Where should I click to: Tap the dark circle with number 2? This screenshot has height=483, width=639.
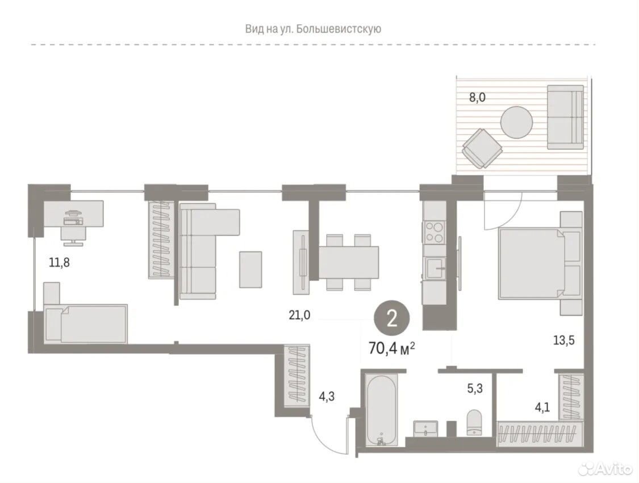[392, 319]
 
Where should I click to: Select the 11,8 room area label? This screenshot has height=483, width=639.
[59, 263]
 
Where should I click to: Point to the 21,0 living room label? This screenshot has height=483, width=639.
[299, 315]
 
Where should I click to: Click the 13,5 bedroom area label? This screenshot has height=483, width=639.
[563, 340]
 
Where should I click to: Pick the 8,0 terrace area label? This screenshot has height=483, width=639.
[477, 98]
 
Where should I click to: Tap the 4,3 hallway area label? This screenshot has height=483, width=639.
[327, 396]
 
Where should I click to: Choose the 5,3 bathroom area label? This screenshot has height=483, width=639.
[475, 389]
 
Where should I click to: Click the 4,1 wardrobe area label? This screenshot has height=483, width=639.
[542, 407]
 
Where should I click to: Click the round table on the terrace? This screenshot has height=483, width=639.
[516, 123]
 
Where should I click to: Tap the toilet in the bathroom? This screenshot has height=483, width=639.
[474, 423]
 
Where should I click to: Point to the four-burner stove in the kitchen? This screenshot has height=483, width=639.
[435, 232]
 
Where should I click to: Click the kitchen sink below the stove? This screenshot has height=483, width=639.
[435, 268]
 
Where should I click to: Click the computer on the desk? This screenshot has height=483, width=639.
[73, 219]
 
